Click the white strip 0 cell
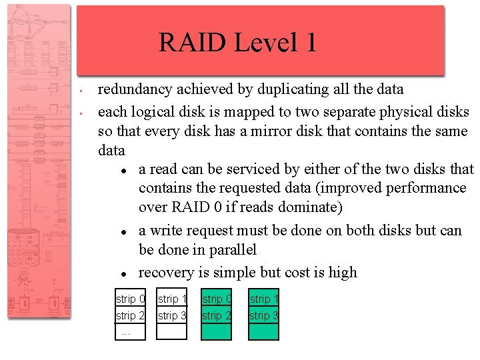coord(130,299)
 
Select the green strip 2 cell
coord(216,315)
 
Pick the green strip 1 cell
coord(263,299)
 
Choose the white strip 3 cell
coord(172,315)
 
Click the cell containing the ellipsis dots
coord(130,332)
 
